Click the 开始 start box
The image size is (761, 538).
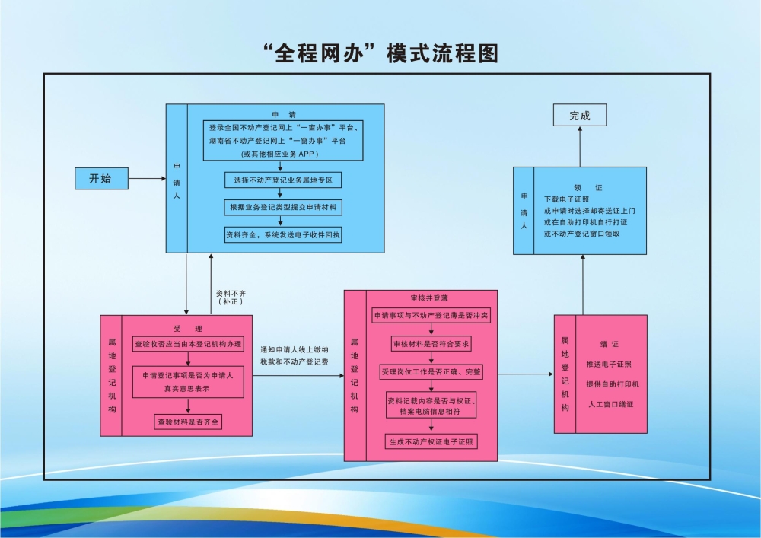click(x=100, y=179)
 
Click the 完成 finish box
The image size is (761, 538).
click(x=580, y=116)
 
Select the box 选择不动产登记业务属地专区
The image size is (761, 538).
click(x=283, y=180)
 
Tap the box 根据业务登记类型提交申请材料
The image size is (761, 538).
click(x=283, y=207)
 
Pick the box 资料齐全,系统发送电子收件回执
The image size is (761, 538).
click(x=283, y=235)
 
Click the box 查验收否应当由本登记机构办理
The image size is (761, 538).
click(x=188, y=344)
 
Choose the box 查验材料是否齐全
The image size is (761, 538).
click(x=188, y=422)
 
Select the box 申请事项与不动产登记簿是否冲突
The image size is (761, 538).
click(x=431, y=315)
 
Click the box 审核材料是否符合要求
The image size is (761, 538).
click(x=431, y=344)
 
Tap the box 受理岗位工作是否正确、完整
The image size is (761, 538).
click(x=431, y=372)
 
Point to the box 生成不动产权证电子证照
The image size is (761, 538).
click(x=431, y=441)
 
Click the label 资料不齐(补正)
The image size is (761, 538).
click(x=231, y=297)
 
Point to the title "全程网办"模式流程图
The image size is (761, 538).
click(x=380, y=54)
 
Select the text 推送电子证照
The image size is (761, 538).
click(x=609, y=364)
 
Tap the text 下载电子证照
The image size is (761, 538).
click(x=566, y=199)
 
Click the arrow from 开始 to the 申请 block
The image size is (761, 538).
click(x=147, y=179)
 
